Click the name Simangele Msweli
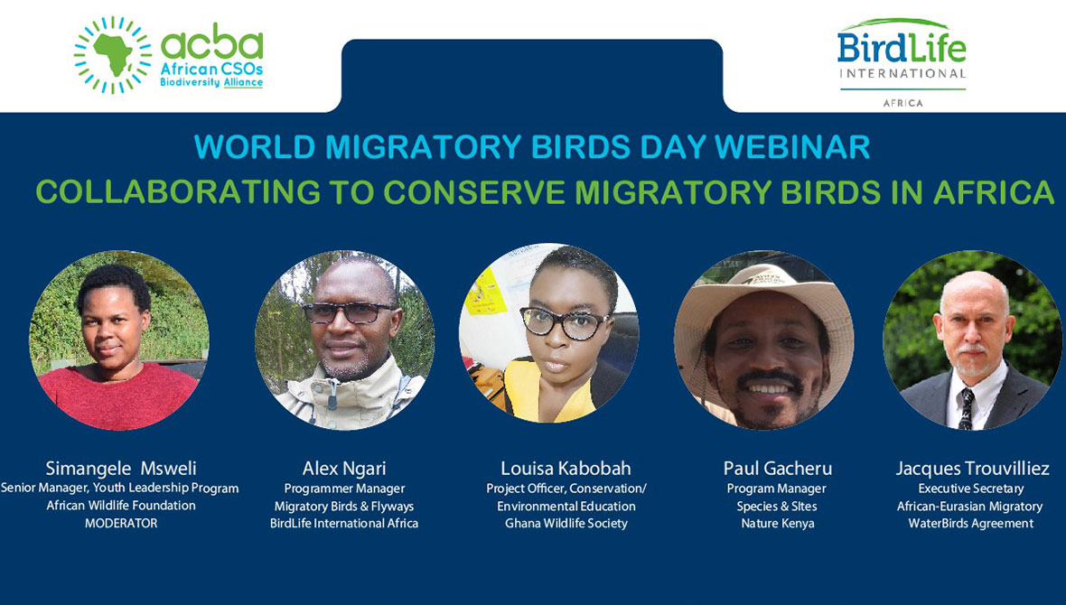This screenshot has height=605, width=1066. coord(121,469)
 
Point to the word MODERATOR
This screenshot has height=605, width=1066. coord(120,523)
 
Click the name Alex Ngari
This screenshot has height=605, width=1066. coord(344,469)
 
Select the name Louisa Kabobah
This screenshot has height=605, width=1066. coord(566,469)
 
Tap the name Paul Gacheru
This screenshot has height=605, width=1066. coord(777,469)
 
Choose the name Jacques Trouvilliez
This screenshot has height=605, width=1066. coord(972,469)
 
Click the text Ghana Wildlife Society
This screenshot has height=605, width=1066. coord(566,524)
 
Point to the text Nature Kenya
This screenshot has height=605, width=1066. coord(777,524)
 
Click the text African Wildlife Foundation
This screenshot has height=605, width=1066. coord(120,506)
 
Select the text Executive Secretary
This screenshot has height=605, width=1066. coord(971,489)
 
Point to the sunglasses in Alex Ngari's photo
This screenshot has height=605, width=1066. coord(348,312)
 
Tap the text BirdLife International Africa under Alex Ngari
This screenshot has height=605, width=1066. coord(344,524)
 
